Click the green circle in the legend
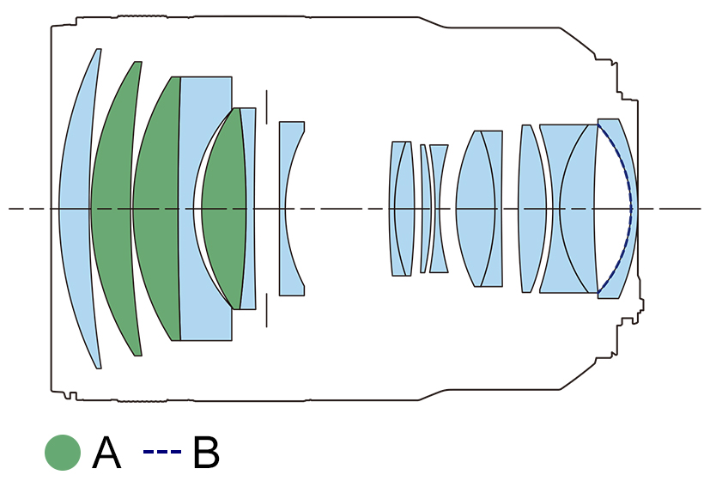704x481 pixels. tap(62, 453)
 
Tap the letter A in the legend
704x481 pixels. tap(106, 453)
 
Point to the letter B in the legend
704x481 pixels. tap(206, 453)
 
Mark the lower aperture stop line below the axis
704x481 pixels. tap(267, 310)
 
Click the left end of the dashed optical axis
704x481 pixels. tap(11, 209)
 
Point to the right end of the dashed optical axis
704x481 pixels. tap(699, 209)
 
